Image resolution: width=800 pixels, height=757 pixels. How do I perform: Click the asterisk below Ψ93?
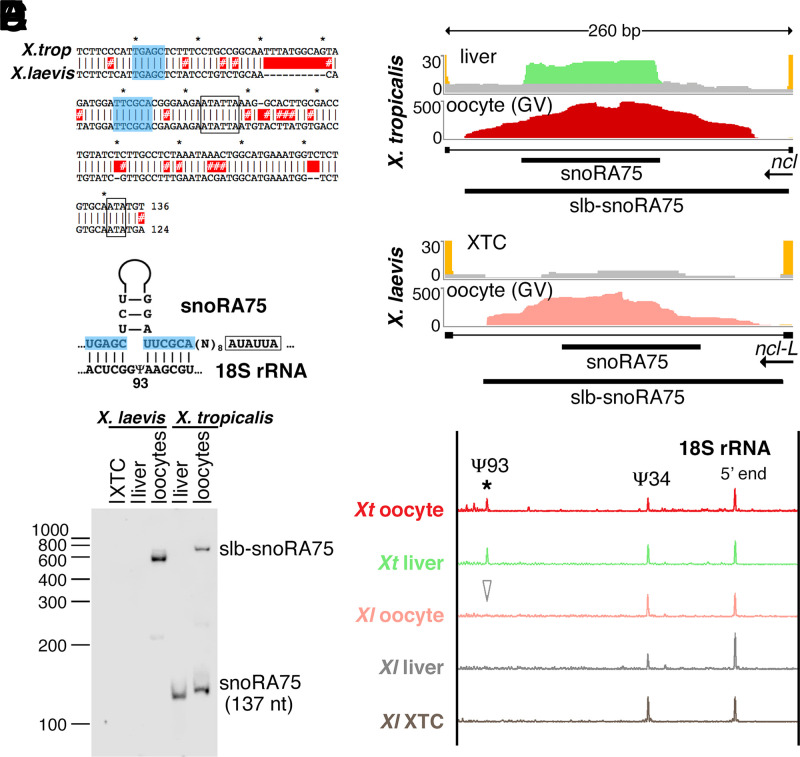tap(487, 487)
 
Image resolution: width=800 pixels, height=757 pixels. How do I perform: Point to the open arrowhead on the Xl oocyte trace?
tap(487, 590)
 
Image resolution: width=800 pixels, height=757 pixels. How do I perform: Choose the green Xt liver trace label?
tap(407, 565)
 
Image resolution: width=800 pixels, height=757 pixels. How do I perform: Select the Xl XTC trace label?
tap(408, 720)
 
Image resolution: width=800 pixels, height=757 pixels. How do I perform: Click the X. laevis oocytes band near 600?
tap(159, 558)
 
